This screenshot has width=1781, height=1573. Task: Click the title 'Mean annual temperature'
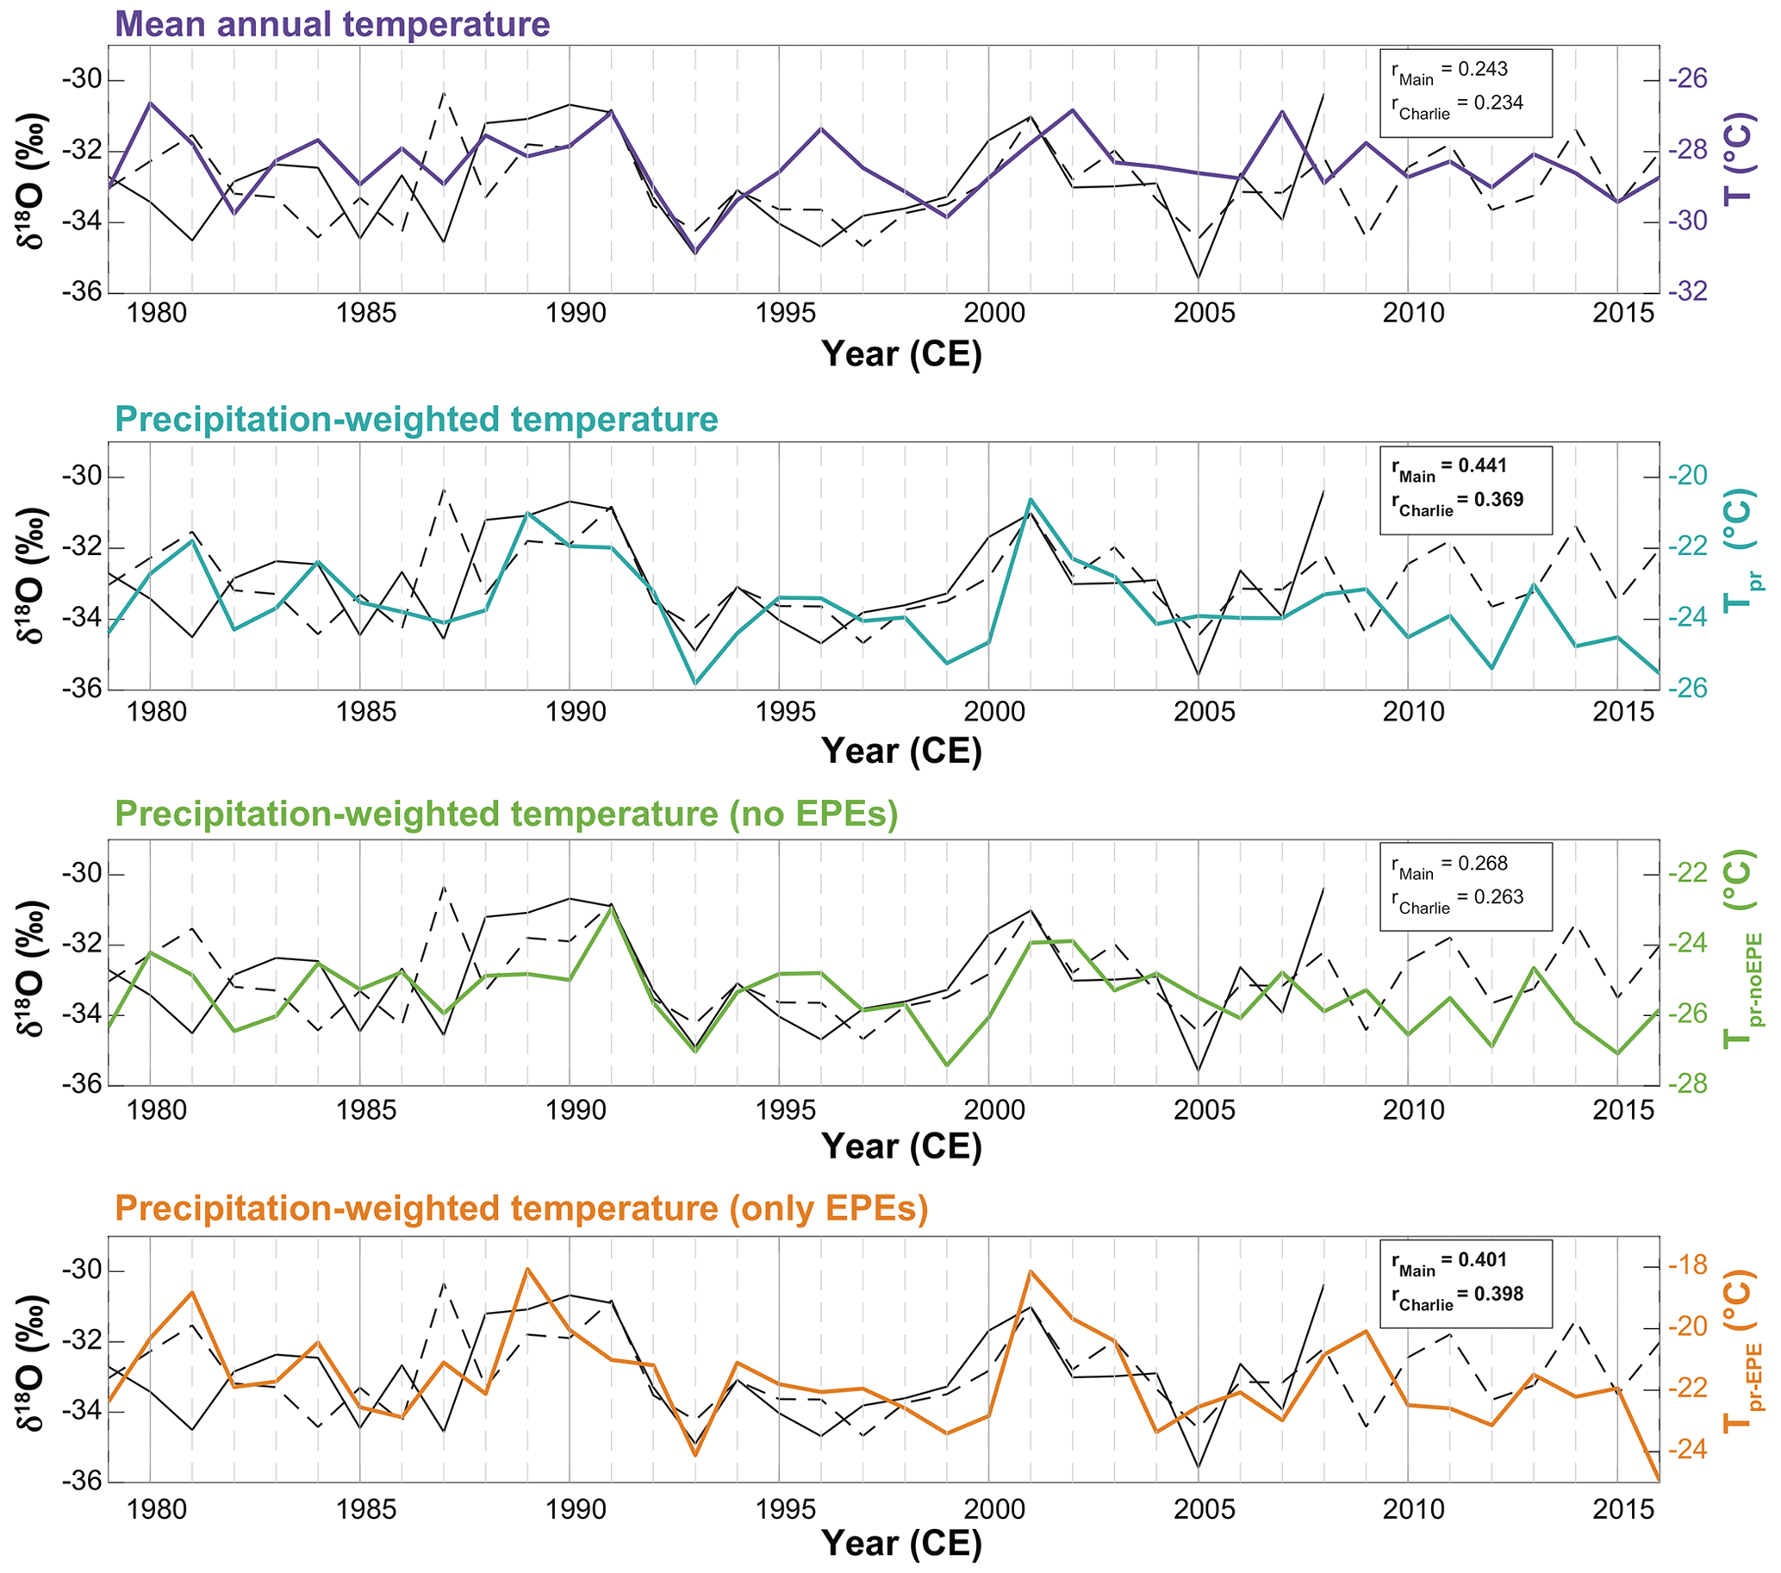tap(332, 23)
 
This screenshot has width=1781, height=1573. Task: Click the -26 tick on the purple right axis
tap(1687, 80)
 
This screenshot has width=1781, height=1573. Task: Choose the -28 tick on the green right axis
tap(1687, 1084)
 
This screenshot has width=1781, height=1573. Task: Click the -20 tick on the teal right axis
tap(1687, 476)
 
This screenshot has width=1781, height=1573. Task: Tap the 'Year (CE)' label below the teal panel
tap(901, 751)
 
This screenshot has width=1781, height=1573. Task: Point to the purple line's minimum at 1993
tap(695, 253)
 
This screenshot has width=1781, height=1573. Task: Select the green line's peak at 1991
tap(612, 908)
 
